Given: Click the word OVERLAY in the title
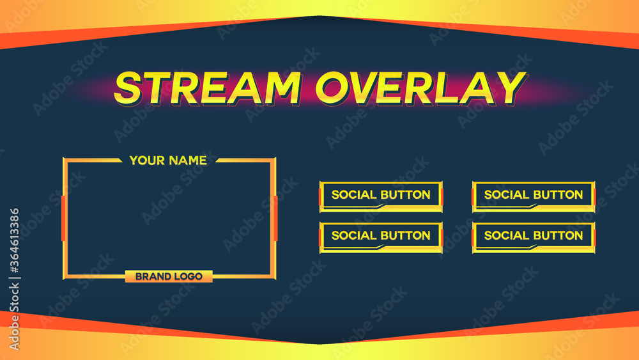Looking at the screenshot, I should pyautogui.click(x=420, y=88).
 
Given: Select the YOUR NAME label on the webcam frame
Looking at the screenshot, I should pyautogui.click(x=168, y=160).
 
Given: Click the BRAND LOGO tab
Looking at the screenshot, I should pyautogui.click(x=169, y=276).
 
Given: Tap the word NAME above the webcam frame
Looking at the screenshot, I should pyautogui.click(x=189, y=160).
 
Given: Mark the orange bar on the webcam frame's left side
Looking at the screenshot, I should pyautogui.click(x=63, y=218).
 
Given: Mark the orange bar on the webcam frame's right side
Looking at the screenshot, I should pyautogui.click(x=275, y=218).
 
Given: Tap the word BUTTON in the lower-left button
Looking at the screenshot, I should pyautogui.click(x=405, y=235).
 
